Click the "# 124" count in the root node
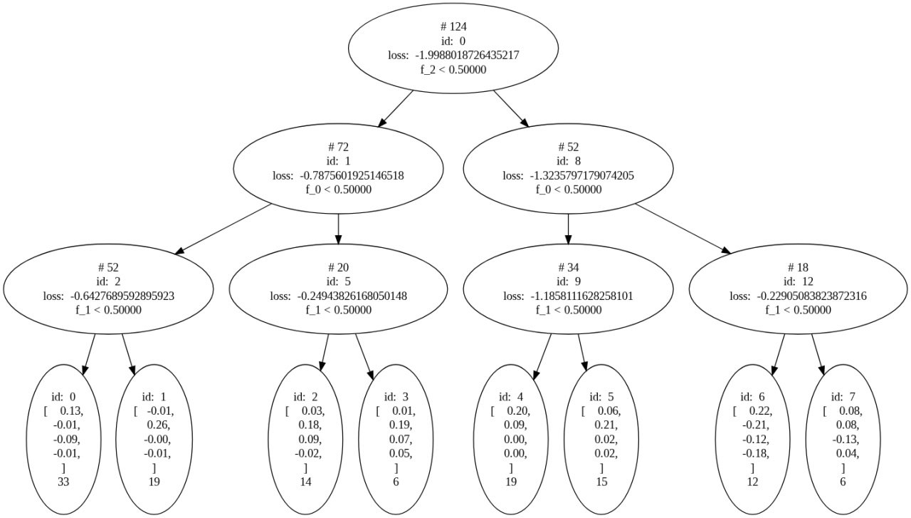click(x=453, y=26)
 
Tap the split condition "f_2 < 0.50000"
click(x=453, y=69)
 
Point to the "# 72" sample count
click(x=338, y=147)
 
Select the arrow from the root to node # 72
click(x=396, y=109)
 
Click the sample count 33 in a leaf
click(x=63, y=481)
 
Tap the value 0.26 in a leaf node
click(x=160, y=425)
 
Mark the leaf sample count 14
click(x=306, y=481)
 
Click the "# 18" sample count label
click(x=798, y=267)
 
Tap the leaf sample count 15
click(x=601, y=481)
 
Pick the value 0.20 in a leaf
click(x=518, y=410)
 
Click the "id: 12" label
click(x=798, y=281)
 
